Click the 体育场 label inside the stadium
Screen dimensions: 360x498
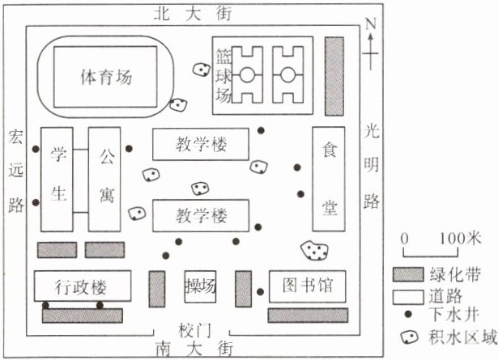tap(105, 78)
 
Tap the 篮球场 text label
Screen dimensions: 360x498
tap(223, 75)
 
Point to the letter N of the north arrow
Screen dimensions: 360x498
tap(370, 24)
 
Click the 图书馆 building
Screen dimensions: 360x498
tap(307, 286)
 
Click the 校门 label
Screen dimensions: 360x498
tap(191, 331)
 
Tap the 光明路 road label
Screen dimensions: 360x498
tap(371, 165)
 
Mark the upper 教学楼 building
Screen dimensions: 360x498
tap(201, 145)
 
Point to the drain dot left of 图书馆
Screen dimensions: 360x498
tap(259, 292)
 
